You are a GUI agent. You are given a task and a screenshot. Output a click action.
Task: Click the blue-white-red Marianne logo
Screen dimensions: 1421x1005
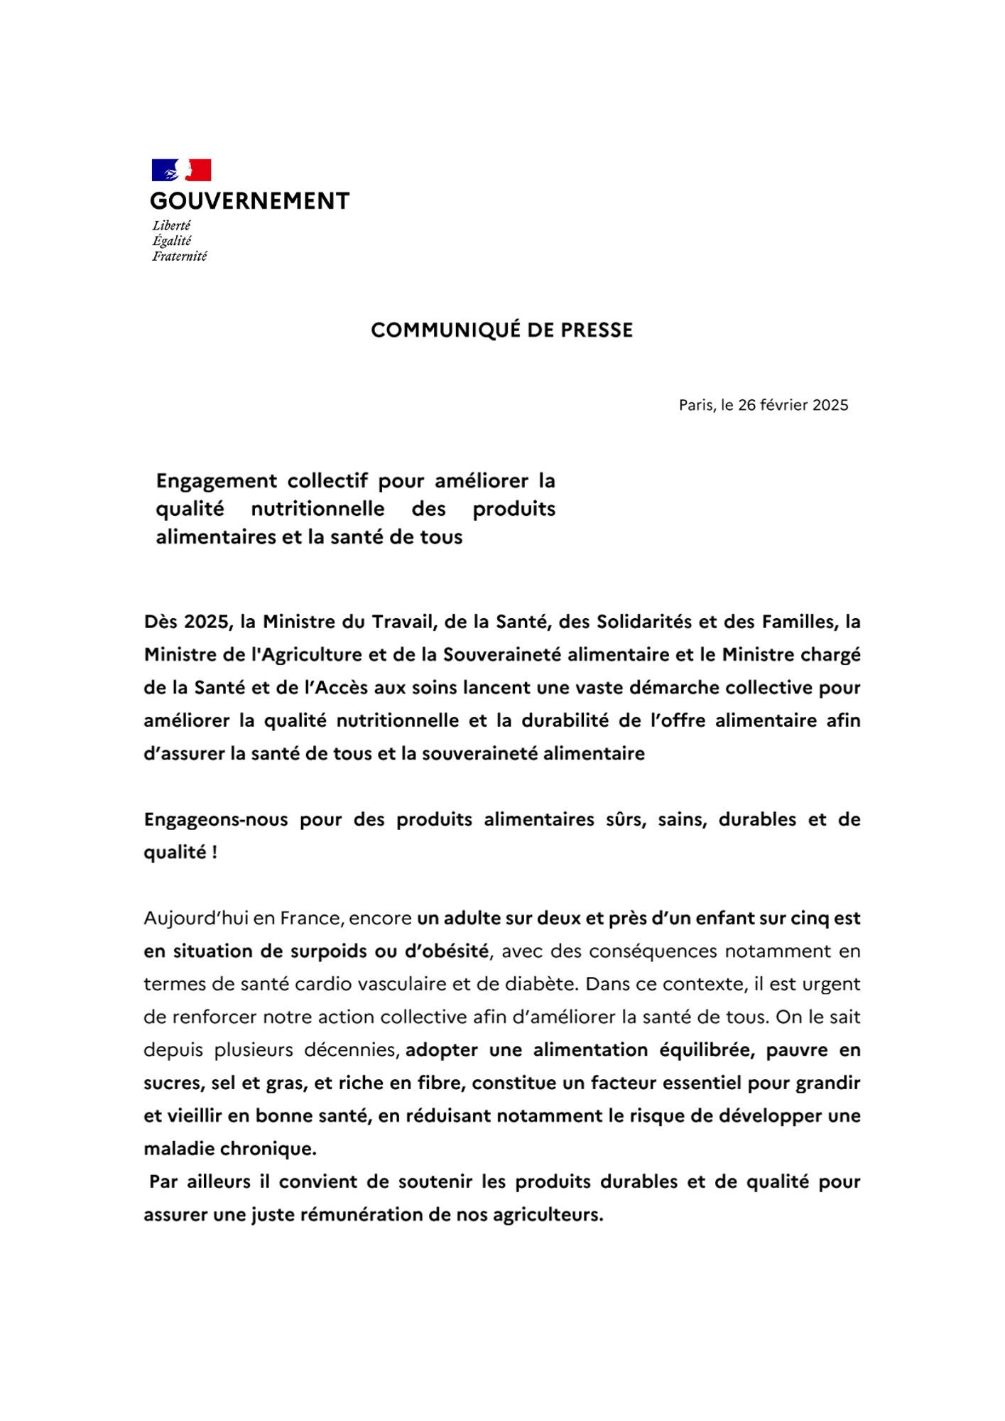click(x=181, y=171)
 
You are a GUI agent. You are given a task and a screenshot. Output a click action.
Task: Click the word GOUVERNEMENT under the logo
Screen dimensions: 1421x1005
click(x=249, y=201)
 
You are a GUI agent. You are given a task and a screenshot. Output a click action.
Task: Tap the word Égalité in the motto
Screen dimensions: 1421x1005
click(x=172, y=241)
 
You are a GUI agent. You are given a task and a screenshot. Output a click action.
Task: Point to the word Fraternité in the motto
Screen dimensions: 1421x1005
click(x=179, y=256)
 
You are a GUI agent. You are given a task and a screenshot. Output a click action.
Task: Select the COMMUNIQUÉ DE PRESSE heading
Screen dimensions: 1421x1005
click(x=501, y=330)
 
